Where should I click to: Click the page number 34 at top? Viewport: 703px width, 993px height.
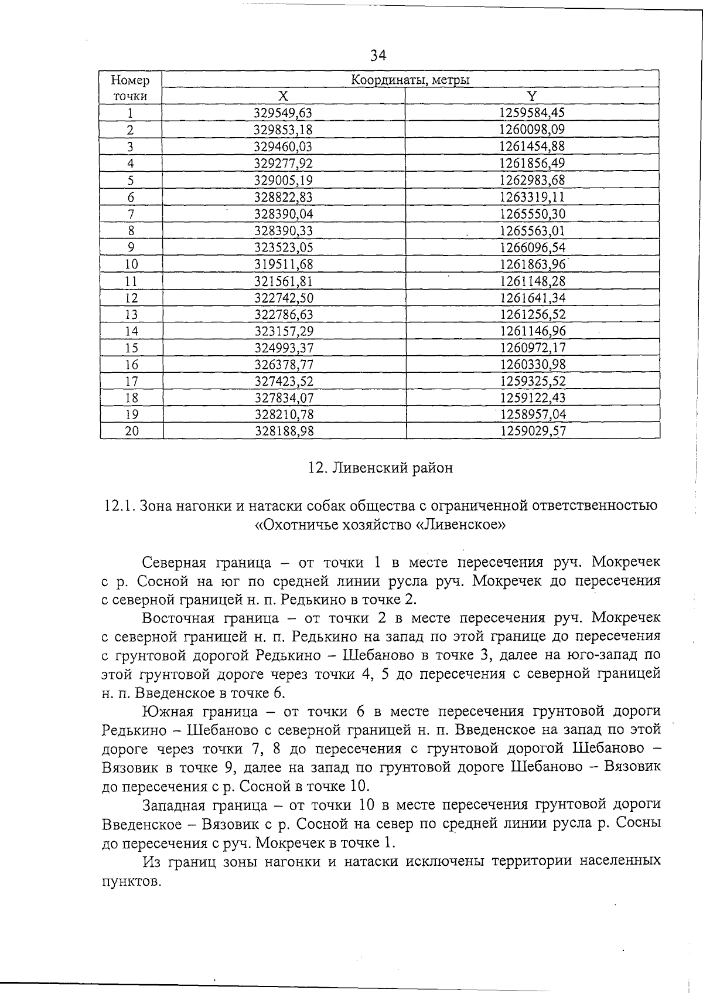[378, 55]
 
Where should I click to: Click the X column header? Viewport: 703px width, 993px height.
[283, 96]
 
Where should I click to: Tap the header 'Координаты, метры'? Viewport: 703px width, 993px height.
[410, 80]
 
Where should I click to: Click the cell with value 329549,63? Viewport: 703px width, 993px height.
[283, 113]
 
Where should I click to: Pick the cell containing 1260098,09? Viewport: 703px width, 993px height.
[532, 130]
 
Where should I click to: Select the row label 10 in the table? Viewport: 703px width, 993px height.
[131, 264]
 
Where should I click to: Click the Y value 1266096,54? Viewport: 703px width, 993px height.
[532, 247]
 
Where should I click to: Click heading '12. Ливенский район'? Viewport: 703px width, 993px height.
[380, 468]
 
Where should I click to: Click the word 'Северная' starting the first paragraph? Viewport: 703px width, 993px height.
[175, 563]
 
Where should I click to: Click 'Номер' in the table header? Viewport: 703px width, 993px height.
[130, 80]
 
